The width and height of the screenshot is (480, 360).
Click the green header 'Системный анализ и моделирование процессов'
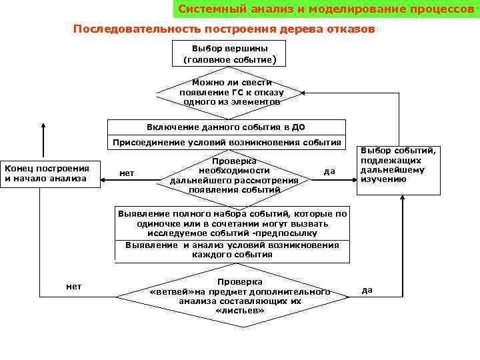click(x=325, y=10)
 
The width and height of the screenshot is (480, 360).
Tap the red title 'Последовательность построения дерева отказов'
click(x=224, y=29)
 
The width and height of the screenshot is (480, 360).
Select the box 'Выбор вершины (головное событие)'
click(x=229, y=54)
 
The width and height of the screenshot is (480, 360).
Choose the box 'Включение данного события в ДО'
click(x=227, y=127)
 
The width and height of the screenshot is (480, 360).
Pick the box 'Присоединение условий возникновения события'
click(x=227, y=143)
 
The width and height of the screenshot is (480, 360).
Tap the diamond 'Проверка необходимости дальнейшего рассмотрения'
click(x=234, y=175)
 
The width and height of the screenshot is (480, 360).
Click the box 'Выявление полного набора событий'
click(x=232, y=223)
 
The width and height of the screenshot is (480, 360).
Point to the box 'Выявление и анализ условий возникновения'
click(x=232, y=250)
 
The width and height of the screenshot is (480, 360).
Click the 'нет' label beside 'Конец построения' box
click(x=127, y=173)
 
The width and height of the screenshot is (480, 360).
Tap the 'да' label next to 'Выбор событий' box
click(x=329, y=172)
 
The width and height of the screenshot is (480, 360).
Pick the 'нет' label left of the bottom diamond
click(x=74, y=286)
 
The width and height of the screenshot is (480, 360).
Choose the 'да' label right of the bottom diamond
click(x=367, y=289)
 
